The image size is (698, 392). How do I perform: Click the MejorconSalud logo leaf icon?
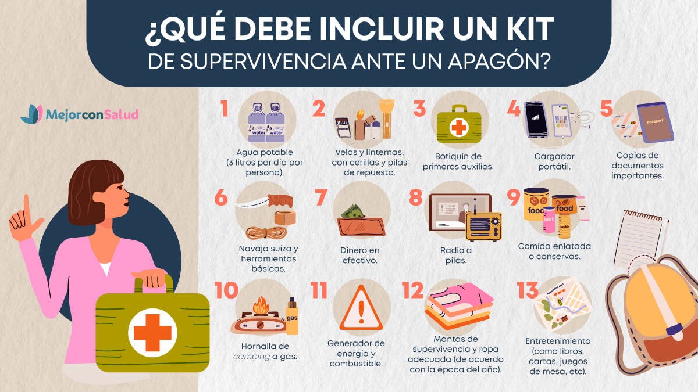[32, 114]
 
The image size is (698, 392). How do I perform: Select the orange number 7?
[320, 197]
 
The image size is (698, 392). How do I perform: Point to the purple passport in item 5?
[655, 122]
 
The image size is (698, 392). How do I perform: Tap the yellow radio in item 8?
[484, 226]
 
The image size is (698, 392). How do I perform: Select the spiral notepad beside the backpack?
[638, 239]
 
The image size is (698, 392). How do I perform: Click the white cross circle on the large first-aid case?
[152, 333]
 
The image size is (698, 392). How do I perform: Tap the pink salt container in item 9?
[549, 220]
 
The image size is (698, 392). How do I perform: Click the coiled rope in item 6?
[266, 232]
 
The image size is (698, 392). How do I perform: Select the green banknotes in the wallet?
[352, 211]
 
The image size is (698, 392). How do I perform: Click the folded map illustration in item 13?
[562, 303]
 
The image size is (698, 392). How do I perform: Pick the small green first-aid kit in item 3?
[459, 124]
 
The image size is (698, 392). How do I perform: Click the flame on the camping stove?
[261, 305]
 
